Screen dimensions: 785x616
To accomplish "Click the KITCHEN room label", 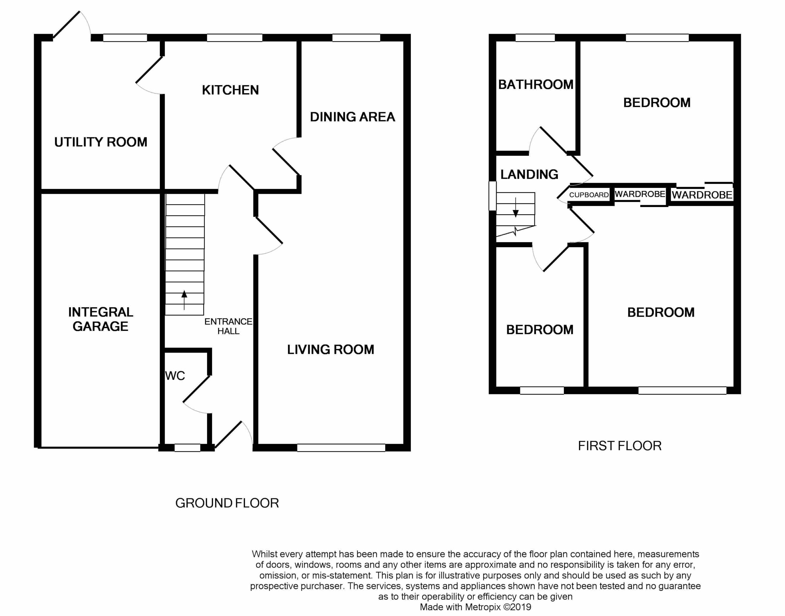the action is point(230,90).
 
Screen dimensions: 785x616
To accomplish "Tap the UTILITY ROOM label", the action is point(101,142).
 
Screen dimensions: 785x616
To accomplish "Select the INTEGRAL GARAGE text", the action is point(101,319).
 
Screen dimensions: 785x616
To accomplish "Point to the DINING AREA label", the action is point(352,117).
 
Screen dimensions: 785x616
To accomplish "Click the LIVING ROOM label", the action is point(331,350).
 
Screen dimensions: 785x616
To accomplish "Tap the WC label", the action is point(175,376).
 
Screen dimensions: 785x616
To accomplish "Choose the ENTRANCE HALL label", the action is point(228,326).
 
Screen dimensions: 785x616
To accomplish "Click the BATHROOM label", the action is point(536,85).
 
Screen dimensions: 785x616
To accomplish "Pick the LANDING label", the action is point(529,174).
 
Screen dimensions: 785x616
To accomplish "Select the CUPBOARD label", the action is point(589,195).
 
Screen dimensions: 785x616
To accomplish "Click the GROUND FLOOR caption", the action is point(227,503).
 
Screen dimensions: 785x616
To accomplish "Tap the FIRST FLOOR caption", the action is point(620,446).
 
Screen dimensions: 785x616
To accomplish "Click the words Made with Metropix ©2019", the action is point(475,607).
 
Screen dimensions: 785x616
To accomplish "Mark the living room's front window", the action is point(341,448).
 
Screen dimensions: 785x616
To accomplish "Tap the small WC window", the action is point(187,448).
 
